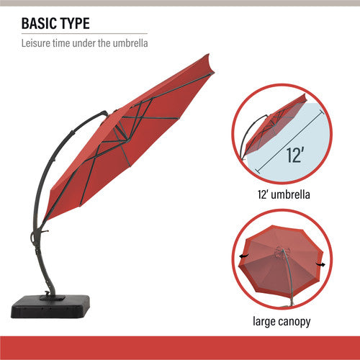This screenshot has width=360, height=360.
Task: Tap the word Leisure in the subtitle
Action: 37,44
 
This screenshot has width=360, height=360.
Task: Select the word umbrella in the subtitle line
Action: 130,44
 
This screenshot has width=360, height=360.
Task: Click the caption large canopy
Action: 282,321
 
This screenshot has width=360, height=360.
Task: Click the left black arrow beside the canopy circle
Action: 243,256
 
